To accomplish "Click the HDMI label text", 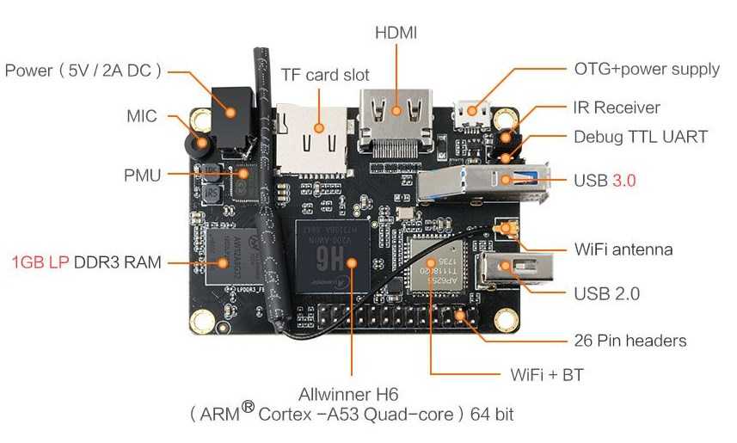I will pyautogui.click(x=396, y=33).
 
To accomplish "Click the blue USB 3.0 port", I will pyautogui.click(x=499, y=181).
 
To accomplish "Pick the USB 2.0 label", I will pyautogui.click(x=606, y=293).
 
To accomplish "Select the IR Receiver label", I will pyautogui.click(x=616, y=108).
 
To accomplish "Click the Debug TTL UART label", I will pyautogui.click(x=640, y=137).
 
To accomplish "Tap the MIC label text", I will pyautogui.click(x=142, y=115).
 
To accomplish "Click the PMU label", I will pyautogui.click(x=143, y=175).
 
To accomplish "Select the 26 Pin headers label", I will pyautogui.click(x=630, y=341).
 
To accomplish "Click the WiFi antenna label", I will pyautogui.click(x=623, y=249).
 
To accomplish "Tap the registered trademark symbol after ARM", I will pyautogui.click(x=248, y=406).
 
